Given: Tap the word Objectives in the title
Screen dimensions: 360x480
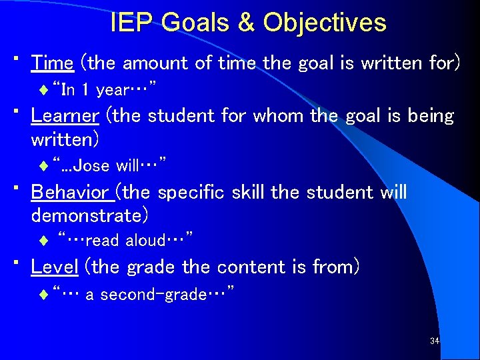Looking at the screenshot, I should pos(324,23).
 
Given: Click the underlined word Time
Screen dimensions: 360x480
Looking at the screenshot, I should pos(52,63).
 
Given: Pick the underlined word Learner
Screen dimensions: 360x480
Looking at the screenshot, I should pos(65,116).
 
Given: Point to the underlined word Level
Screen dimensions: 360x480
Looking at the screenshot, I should pos(55,267).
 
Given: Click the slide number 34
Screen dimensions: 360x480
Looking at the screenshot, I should pos(435,341).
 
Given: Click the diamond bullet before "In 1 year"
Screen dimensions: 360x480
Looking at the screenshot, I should pos(44,89).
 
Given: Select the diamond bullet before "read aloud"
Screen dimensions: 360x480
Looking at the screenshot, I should pos(44,240).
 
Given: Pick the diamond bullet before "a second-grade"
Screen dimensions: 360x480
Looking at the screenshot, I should pos(44,293).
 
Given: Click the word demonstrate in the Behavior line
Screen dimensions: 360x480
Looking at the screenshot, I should pos(89,216).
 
